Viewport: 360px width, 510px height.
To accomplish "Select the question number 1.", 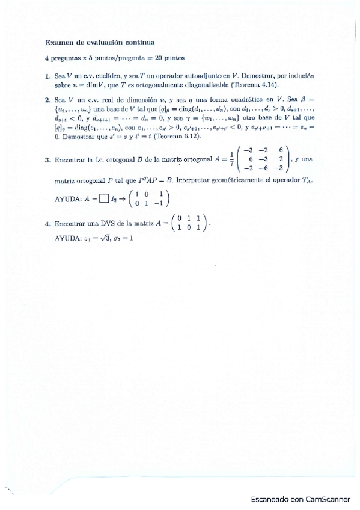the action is [x=47, y=76].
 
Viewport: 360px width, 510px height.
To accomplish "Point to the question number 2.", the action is [x=47, y=99].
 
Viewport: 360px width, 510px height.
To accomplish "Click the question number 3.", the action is [x=47, y=160].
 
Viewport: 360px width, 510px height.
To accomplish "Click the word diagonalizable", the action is [x=202, y=85].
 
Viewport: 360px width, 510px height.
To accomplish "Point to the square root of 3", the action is [x=102, y=238].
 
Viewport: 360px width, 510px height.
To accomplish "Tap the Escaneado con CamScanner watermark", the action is [x=301, y=499].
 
